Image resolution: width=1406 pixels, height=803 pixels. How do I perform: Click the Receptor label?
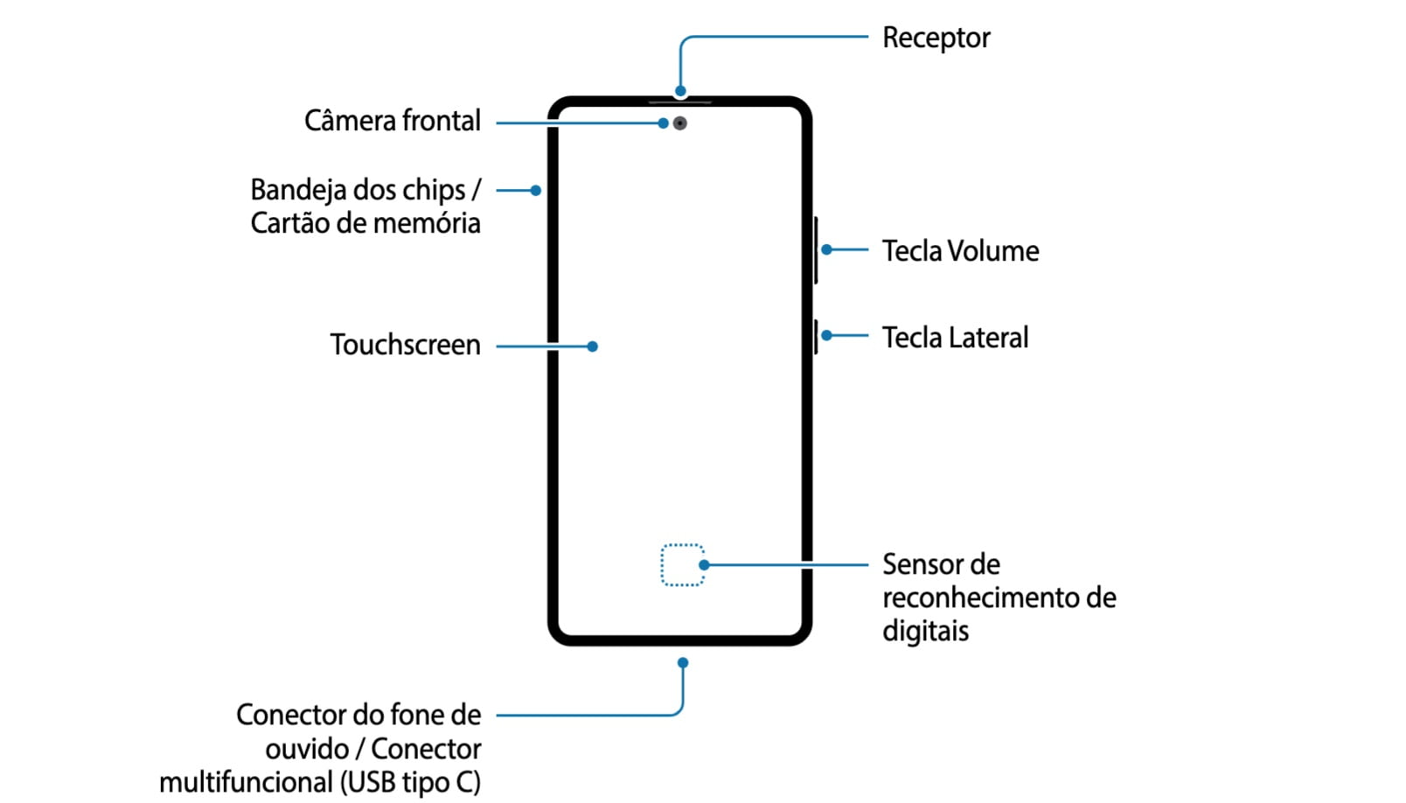pos(936,38)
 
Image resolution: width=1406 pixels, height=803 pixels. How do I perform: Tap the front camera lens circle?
pos(680,123)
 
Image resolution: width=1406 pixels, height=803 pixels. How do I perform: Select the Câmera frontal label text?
pos(392,121)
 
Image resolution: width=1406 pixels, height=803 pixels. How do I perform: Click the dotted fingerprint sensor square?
pos(682,565)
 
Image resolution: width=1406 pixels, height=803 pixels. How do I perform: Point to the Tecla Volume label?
pos(960,251)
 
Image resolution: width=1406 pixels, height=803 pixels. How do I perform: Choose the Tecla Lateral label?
pos(955,338)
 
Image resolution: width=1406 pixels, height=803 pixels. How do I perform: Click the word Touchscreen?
pos(405,346)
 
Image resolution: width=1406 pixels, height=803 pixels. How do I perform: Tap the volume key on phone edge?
pos(816,250)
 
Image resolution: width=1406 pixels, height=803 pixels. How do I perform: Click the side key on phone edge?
pos(816,337)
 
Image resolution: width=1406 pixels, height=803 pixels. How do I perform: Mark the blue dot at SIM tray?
pos(536,191)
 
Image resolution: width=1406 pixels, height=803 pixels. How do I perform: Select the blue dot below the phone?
pos(683,663)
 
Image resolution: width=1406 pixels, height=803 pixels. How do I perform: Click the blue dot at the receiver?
pos(680,91)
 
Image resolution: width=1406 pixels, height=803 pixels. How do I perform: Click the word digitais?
pos(925,631)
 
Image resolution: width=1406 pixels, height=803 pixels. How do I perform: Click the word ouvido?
pos(307,750)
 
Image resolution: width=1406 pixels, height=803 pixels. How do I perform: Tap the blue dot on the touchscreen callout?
pos(592,346)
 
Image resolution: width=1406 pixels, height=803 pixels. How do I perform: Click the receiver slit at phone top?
pos(680,102)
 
